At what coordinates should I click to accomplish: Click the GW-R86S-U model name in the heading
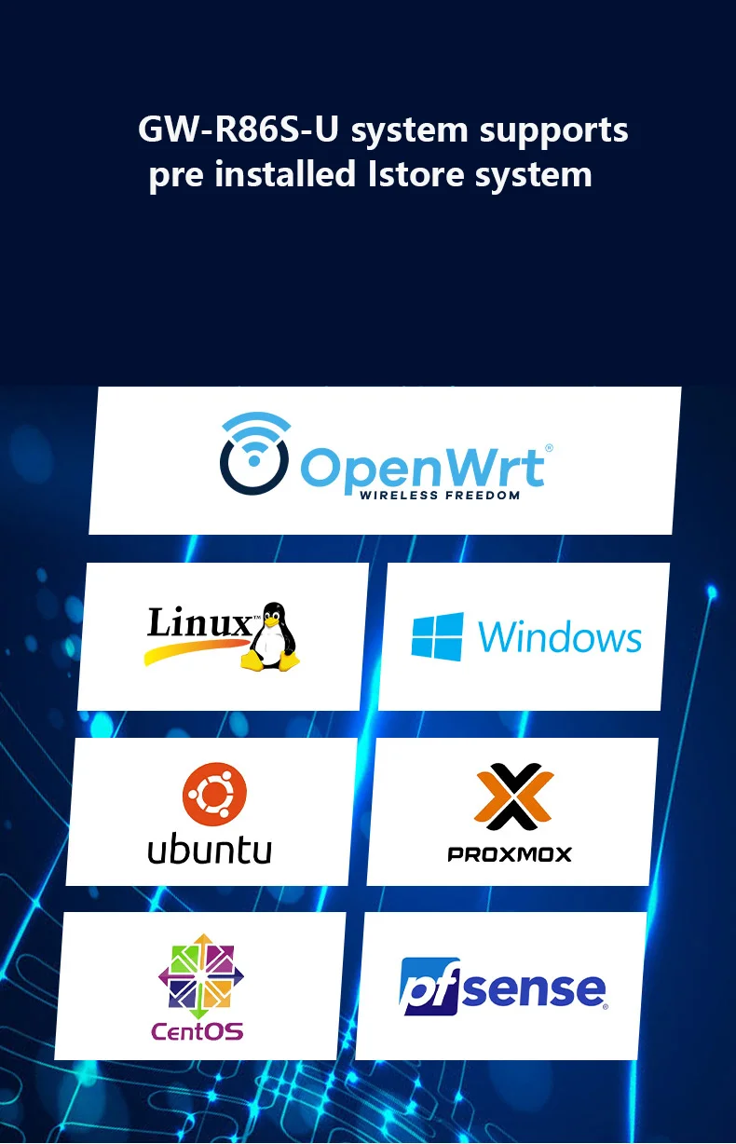(238, 130)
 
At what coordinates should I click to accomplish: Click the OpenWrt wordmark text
(424, 465)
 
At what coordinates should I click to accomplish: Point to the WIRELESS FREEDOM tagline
(440, 496)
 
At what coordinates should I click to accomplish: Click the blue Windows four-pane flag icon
(437, 637)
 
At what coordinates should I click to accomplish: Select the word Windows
(560, 638)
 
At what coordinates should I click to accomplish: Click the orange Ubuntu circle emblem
(214, 794)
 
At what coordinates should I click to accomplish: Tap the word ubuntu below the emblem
(210, 849)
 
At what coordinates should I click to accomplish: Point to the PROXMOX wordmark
(510, 853)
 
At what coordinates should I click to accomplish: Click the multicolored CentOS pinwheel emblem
(200, 976)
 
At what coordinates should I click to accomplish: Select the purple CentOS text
(197, 1031)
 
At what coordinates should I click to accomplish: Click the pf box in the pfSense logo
(429, 986)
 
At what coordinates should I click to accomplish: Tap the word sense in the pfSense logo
(534, 989)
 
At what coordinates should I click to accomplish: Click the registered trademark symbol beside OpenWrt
(549, 448)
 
